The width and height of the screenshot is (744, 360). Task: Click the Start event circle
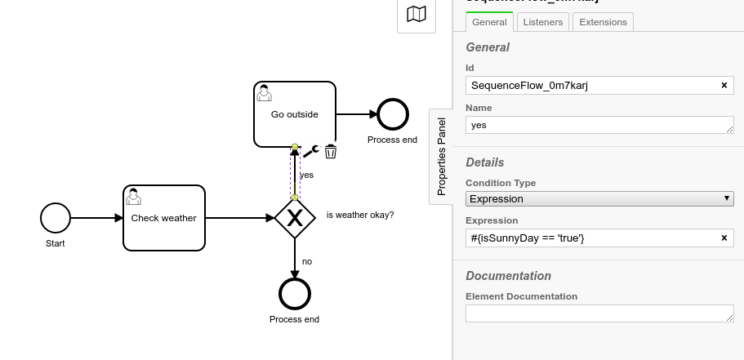pyautogui.click(x=56, y=218)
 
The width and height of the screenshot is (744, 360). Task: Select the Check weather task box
pyautogui.click(x=163, y=218)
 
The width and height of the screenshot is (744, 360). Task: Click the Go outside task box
pyautogui.click(x=294, y=114)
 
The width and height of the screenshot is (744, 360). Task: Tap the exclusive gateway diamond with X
pyautogui.click(x=295, y=218)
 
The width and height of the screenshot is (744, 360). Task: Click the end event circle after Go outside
pyautogui.click(x=392, y=115)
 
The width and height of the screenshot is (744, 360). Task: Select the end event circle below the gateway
pyautogui.click(x=295, y=294)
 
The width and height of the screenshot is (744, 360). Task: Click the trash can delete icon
pyautogui.click(x=331, y=151)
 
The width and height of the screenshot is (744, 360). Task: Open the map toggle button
pyautogui.click(x=417, y=14)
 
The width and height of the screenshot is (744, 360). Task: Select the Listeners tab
pyautogui.click(x=543, y=22)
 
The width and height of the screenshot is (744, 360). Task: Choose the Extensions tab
pyautogui.click(x=603, y=22)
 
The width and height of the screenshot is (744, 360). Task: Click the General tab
pyautogui.click(x=489, y=22)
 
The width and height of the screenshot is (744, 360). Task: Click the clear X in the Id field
pyautogui.click(x=724, y=86)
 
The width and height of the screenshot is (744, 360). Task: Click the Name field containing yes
pyautogui.click(x=596, y=125)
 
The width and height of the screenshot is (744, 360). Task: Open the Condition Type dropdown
pyautogui.click(x=599, y=198)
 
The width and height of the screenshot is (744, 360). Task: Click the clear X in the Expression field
pyautogui.click(x=724, y=238)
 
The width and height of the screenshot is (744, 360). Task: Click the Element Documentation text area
pyautogui.click(x=599, y=313)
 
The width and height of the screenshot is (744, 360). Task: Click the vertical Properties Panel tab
pyautogui.click(x=441, y=156)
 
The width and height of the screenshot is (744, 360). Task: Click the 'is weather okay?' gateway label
pyautogui.click(x=360, y=215)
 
